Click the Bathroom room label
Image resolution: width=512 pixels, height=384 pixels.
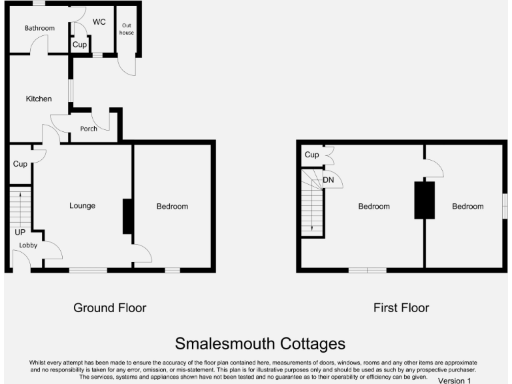coord(39,28)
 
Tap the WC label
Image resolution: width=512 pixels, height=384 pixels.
coord(99,22)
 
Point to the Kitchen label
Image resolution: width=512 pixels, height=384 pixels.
coord(39,99)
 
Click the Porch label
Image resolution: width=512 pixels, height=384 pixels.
coord(89,129)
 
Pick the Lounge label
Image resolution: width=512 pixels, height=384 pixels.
coord(82,205)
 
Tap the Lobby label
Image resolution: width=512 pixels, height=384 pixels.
coord(28,245)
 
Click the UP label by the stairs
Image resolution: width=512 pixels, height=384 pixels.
coord(21,233)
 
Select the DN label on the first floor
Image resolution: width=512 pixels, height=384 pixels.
coord(328,180)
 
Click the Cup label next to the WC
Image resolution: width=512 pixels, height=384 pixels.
coord(79,45)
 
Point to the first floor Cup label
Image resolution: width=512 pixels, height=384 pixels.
coord(312,155)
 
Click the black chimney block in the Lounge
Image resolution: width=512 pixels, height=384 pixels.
coord(127,216)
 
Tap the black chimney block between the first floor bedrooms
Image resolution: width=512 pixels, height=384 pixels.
coord(425,199)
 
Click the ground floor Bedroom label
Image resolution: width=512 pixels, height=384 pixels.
coord(172,207)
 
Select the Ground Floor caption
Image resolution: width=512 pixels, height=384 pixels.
coord(109,308)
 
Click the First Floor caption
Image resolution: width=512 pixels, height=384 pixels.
coord(401,308)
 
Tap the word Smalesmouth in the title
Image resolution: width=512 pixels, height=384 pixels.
coord(223,343)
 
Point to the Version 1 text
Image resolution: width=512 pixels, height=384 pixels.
coord(455,381)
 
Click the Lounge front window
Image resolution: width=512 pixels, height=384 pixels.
coord(83,270)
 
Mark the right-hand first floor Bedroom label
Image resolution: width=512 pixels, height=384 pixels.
coord(467,207)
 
